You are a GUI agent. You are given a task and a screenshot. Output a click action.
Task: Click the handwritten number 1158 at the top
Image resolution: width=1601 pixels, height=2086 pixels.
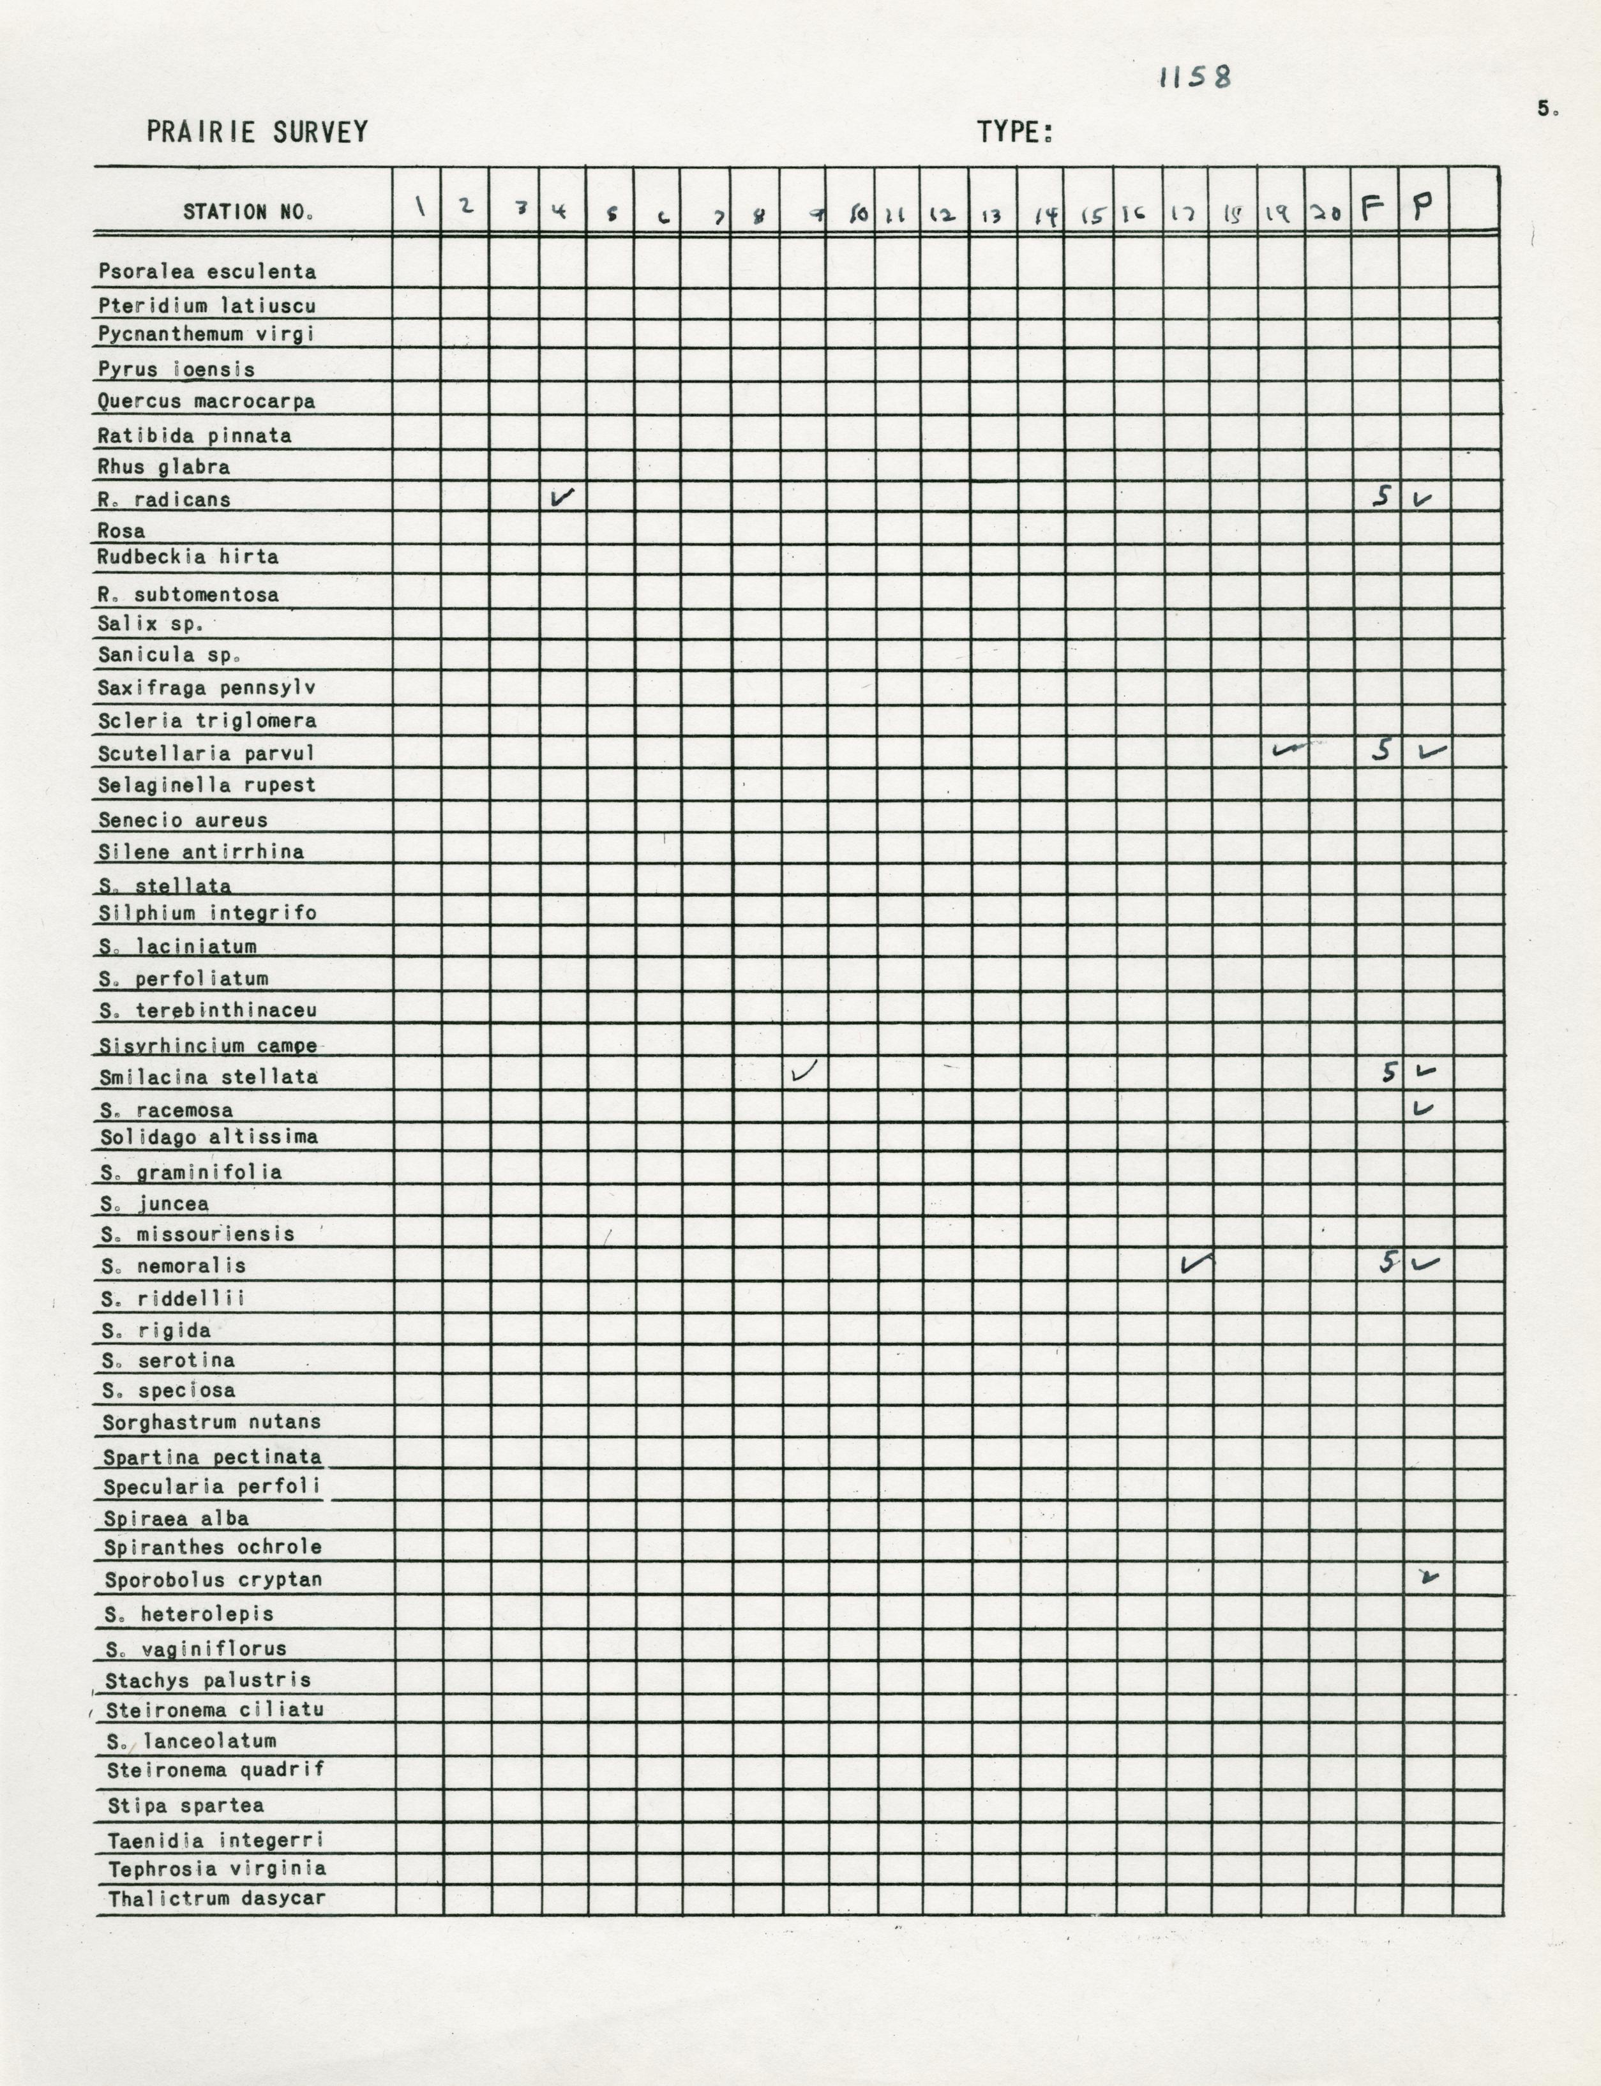[1195, 78]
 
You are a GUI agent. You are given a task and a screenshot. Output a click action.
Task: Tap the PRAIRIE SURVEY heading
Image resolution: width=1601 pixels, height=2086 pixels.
[257, 133]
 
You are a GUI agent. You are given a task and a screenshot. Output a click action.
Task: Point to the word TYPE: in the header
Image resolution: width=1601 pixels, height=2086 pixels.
[1014, 133]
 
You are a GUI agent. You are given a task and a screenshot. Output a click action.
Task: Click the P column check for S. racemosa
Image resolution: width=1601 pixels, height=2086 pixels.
[1423, 1108]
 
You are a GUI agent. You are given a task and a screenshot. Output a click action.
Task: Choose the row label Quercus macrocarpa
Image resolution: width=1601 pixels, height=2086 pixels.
[206, 401]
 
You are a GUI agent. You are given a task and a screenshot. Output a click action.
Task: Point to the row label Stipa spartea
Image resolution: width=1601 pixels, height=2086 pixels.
[185, 1805]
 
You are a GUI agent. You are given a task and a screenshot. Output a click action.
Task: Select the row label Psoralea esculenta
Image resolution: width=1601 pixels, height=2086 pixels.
[207, 271]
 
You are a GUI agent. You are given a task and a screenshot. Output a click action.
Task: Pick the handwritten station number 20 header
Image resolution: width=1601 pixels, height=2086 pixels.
[1326, 213]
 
